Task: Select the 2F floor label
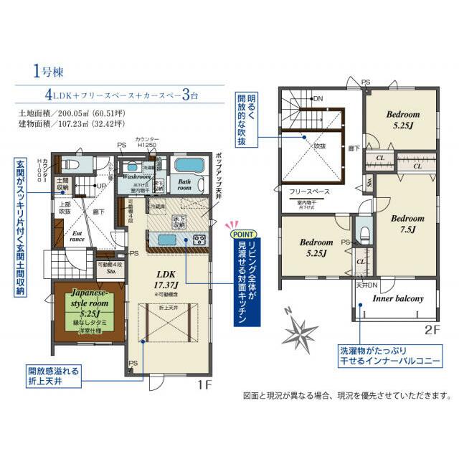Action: [430, 331]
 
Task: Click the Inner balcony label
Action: [397, 298]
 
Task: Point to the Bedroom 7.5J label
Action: [407, 224]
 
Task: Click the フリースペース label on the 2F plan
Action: [309, 193]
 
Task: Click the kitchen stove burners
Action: [199, 240]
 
